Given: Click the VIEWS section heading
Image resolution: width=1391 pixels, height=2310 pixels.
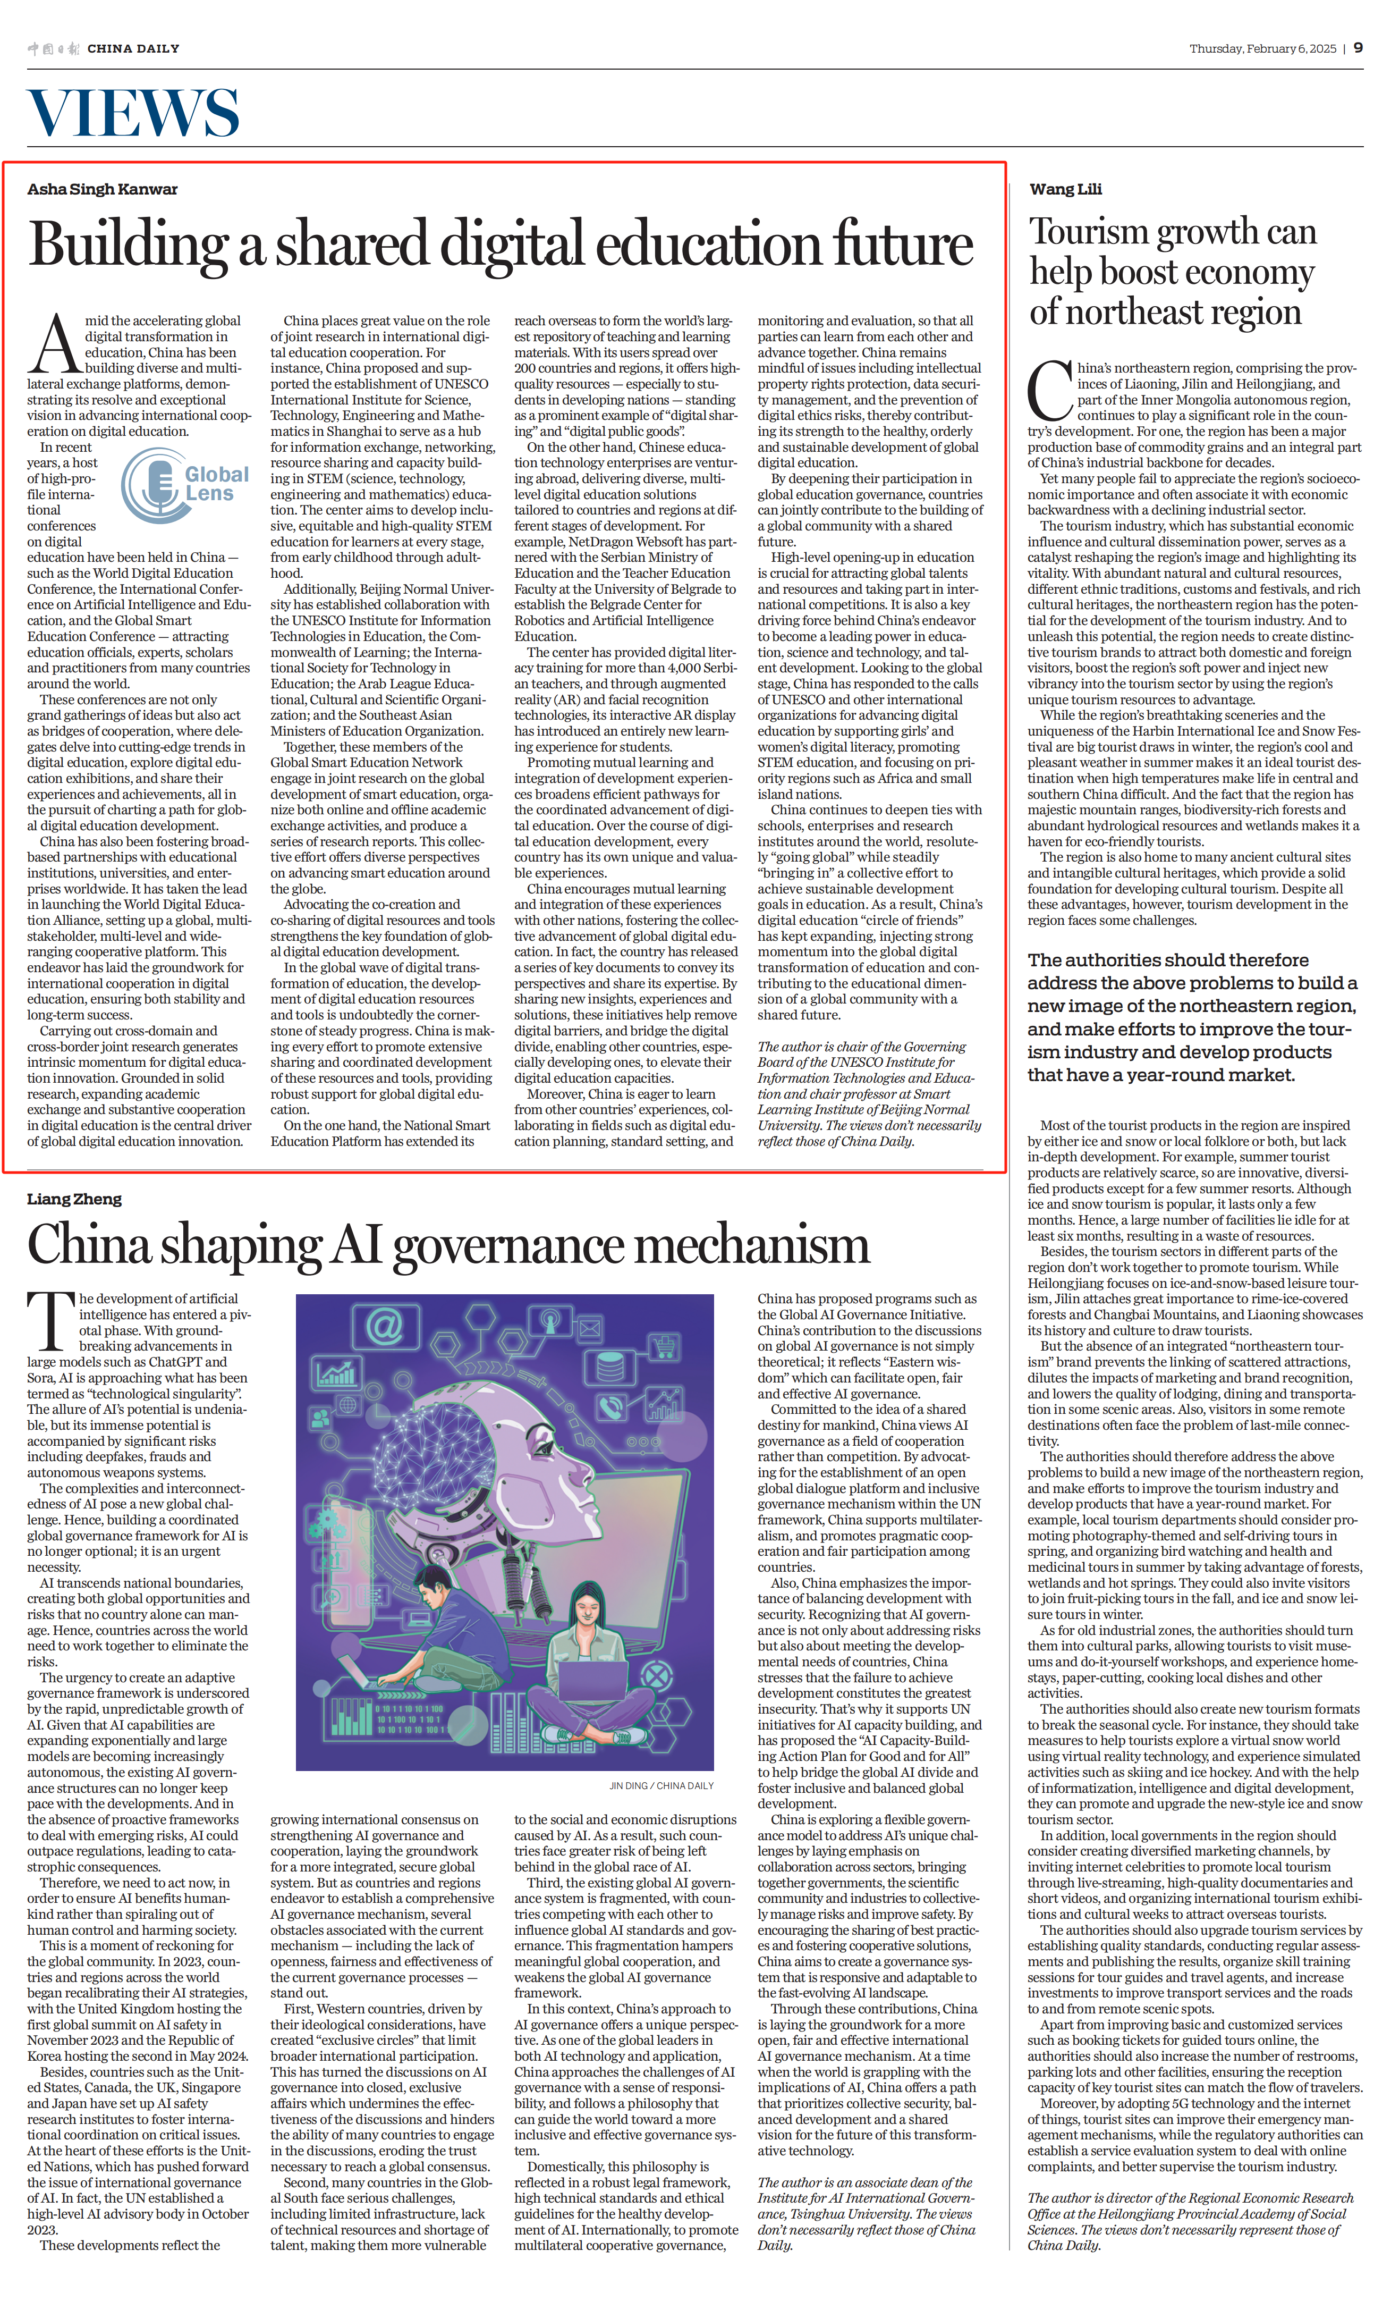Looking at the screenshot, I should coord(133,113).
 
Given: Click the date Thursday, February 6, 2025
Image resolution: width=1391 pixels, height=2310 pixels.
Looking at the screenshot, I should coord(1262,49).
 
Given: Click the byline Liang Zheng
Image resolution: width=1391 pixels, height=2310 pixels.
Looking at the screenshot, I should coord(74,1199).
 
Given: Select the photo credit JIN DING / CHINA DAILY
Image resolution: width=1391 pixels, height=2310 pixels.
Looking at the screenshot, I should coord(661,1786).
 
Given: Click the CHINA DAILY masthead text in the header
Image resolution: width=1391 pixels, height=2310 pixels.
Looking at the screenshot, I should coord(133,49).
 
